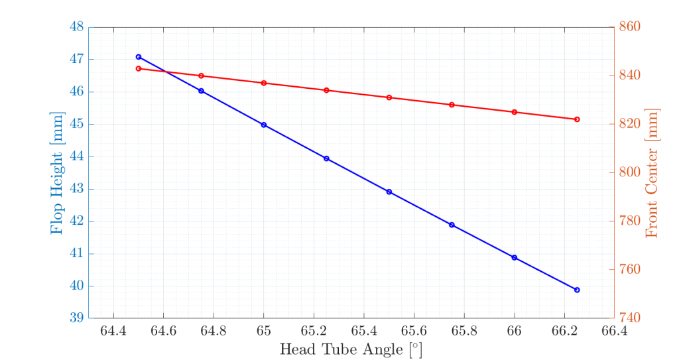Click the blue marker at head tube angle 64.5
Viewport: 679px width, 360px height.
[x=139, y=57]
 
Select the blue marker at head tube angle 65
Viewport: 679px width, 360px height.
[x=264, y=125]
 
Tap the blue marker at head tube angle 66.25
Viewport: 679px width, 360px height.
[x=577, y=290]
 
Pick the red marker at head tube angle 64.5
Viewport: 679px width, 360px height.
[x=139, y=69]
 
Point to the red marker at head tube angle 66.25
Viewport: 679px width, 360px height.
[x=577, y=119]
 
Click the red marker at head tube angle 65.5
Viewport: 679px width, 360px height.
[x=389, y=97]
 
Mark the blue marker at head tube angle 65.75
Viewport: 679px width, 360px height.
[x=452, y=225]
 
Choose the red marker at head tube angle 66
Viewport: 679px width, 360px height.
[x=515, y=112]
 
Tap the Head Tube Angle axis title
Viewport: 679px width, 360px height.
[x=351, y=349]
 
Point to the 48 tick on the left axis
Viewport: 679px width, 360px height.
[x=76, y=27]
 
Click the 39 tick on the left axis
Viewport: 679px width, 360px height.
[x=76, y=318]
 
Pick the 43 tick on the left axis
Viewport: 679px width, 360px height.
[x=76, y=189]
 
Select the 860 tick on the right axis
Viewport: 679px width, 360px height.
[x=629, y=27]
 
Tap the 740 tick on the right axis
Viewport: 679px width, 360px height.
[x=629, y=318]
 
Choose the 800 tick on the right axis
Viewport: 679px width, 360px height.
[x=629, y=172]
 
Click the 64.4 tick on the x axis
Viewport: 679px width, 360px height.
[x=114, y=330]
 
